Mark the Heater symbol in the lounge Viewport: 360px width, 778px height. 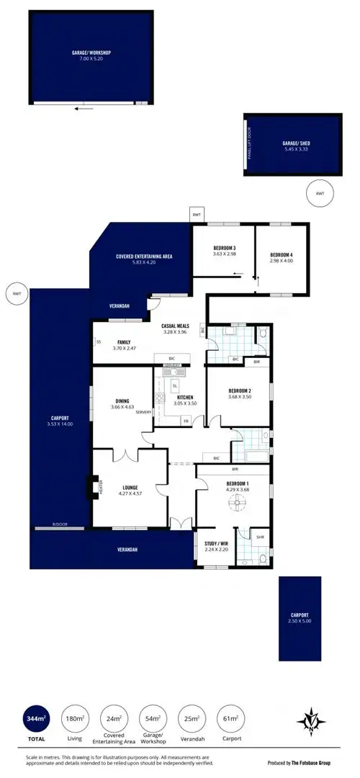tap(91, 488)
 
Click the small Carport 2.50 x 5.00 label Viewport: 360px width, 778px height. tap(300, 617)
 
